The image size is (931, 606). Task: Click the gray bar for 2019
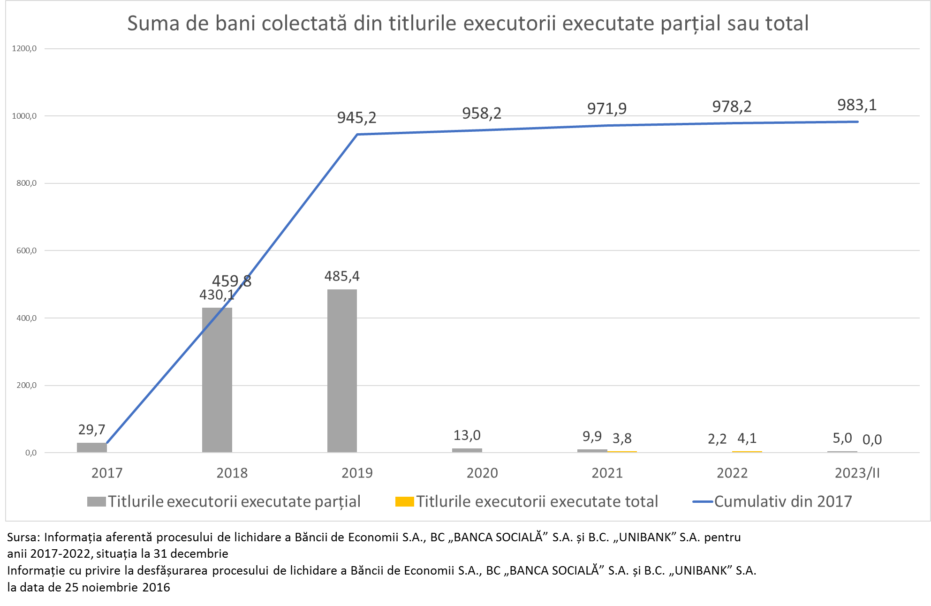[342, 371]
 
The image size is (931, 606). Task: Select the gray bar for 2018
[217, 380]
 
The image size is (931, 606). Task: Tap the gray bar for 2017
[91, 447]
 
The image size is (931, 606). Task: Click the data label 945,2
[356, 117]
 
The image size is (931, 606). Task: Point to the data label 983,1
[857, 105]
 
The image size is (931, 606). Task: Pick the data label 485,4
[342, 276]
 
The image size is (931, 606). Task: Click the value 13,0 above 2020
[467, 435]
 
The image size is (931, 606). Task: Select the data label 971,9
[607, 109]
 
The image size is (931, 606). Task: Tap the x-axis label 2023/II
[857, 473]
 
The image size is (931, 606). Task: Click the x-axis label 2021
[607, 473]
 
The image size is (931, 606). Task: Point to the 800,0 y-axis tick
[27, 183]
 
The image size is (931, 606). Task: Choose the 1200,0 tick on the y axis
[25, 48]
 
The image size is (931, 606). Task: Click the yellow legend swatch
[404, 502]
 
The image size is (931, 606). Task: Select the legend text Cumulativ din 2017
[783, 501]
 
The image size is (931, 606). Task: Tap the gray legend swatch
[96, 502]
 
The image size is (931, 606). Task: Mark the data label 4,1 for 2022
[747, 439]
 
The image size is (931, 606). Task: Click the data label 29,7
[91, 430]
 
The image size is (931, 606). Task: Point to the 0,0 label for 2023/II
[872, 439]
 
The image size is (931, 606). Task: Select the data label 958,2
[482, 113]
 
